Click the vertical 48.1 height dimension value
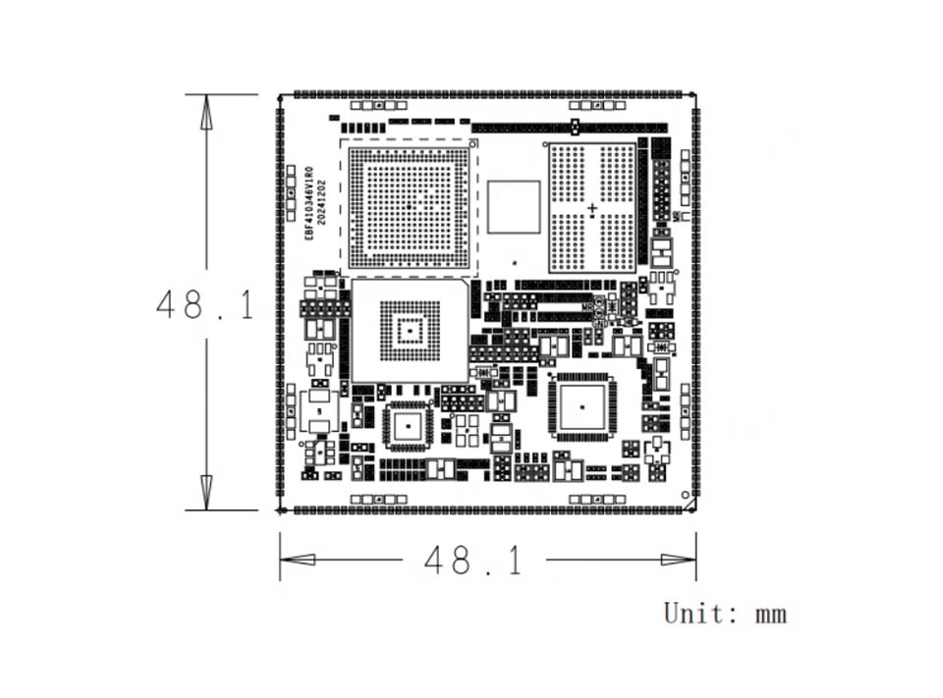click(x=205, y=305)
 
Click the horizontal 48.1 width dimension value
click(x=472, y=561)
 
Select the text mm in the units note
click(x=771, y=616)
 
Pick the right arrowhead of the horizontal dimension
click(x=678, y=560)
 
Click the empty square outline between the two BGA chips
click(x=514, y=206)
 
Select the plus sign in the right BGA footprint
click(x=592, y=208)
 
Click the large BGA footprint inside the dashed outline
click(x=408, y=207)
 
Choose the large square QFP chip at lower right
click(x=582, y=405)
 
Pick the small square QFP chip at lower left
click(x=408, y=426)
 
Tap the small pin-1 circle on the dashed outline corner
click(x=473, y=144)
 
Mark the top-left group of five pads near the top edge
click(x=371, y=105)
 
